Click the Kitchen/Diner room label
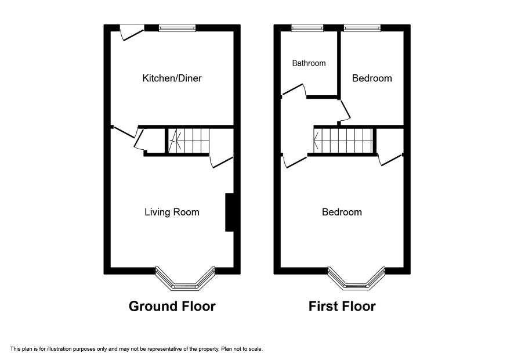point(172,78)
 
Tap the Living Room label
point(172,212)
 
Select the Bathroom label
point(309,63)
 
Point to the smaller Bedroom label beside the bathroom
point(372,78)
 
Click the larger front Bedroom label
point(342,212)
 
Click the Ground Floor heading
point(172,306)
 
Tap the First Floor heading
point(342,306)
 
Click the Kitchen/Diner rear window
point(177,28)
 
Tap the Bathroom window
point(307,28)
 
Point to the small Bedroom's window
point(362,28)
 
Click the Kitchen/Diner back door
point(132,33)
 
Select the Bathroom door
point(294,90)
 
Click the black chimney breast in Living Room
point(230,213)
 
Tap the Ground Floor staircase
point(189,141)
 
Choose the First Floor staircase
point(343,141)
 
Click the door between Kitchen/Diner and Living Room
point(125,132)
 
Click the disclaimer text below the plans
point(136,349)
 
